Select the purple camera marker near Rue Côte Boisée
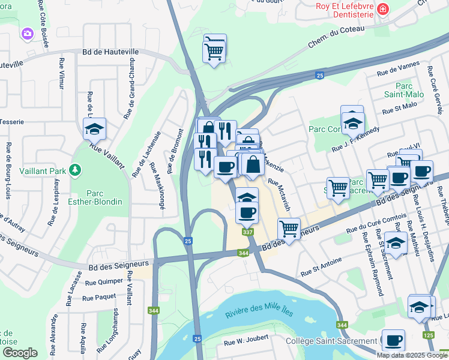[x=27, y=34]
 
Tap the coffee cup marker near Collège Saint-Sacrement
[x=393, y=340]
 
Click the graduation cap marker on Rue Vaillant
[x=94, y=128]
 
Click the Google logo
[x=20, y=353]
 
